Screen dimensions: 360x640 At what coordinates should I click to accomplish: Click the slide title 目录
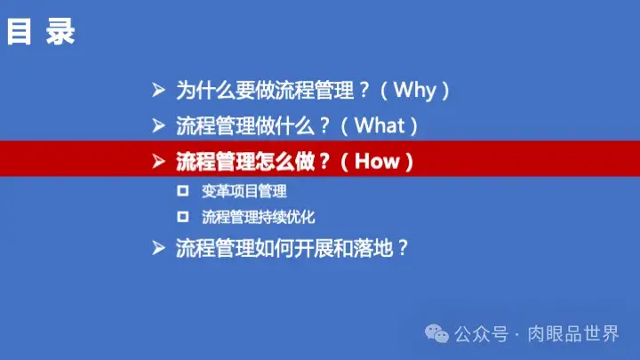pos(41,33)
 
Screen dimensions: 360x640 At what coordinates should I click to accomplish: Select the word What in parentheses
pos(380,125)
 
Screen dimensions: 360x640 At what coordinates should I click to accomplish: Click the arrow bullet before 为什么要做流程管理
pos(158,90)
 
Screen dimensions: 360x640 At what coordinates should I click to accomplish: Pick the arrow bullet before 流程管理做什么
pos(158,125)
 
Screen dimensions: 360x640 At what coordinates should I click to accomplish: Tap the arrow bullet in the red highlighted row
pos(158,162)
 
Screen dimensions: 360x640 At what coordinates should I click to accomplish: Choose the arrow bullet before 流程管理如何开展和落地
pos(158,248)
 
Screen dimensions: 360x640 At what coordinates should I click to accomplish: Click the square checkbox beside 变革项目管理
pos(183,190)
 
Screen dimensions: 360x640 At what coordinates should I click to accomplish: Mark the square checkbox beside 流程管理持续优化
pos(183,216)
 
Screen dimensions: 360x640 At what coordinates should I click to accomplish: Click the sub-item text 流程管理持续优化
pos(259,216)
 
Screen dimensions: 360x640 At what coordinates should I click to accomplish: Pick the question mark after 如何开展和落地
pos(402,248)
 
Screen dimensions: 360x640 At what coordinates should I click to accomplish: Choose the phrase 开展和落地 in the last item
pos(339,248)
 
